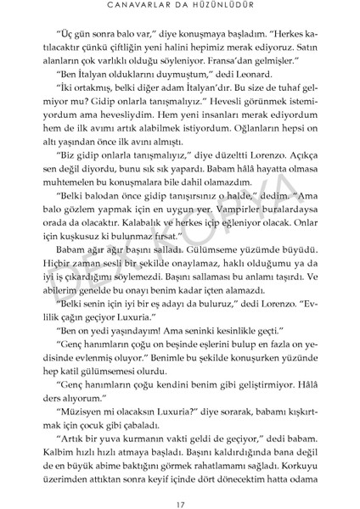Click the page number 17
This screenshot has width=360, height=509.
click(180, 484)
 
